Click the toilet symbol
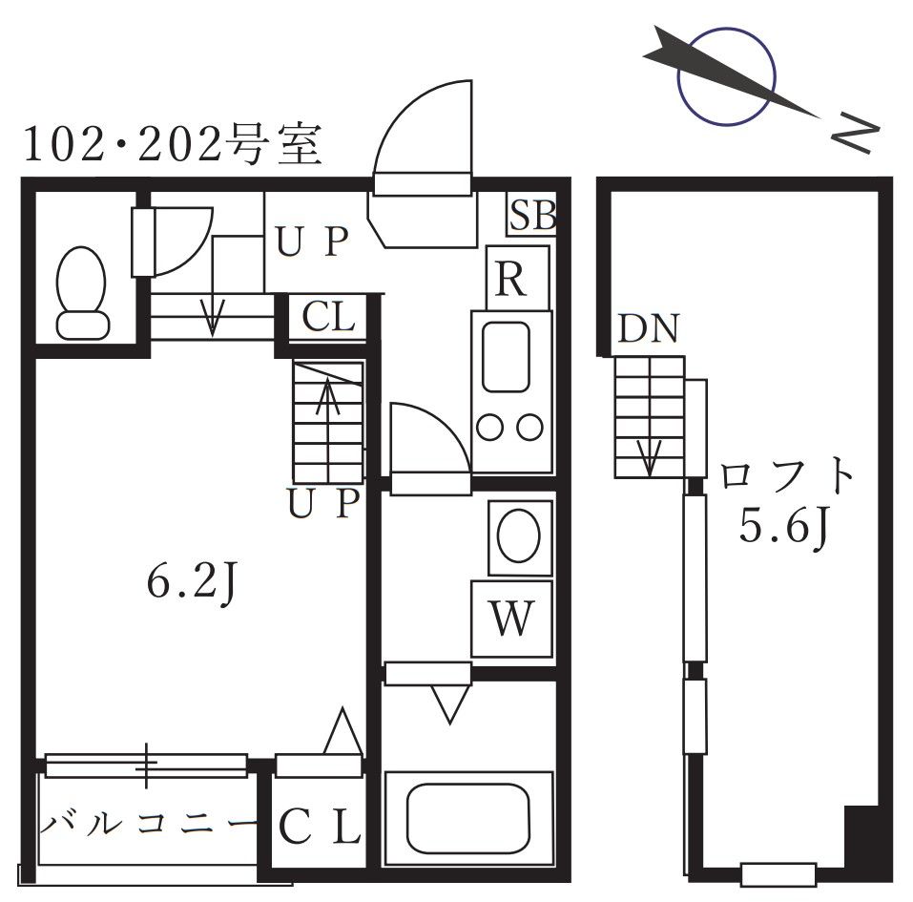(x=81, y=291)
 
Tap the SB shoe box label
(x=531, y=217)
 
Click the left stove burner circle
(x=490, y=427)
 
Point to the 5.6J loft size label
(x=782, y=528)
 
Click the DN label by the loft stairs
(x=647, y=330)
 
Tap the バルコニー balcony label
(x=148, y=822)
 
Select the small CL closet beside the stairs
(x=328, y=317)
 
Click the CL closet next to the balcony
(x=319, y=827)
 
